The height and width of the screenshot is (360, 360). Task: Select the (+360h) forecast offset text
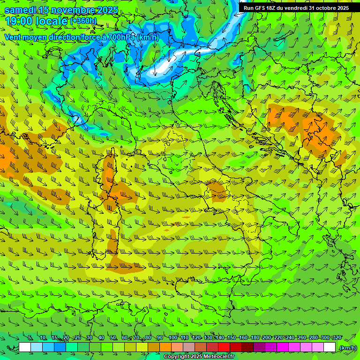pos(83,21)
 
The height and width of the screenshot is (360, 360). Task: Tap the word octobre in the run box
pos(327,8)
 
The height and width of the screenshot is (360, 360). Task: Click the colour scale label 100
pos(173,338)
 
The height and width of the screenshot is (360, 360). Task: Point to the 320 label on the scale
pos(337,338)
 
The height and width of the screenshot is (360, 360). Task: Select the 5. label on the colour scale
pos(30,338)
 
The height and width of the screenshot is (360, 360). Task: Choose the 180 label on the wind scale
pos(255,338)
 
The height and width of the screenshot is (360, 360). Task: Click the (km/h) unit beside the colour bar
pos(348,348)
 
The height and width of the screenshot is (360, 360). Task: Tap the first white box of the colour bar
pos(25,347)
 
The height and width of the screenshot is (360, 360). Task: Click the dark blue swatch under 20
pos(60,347)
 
